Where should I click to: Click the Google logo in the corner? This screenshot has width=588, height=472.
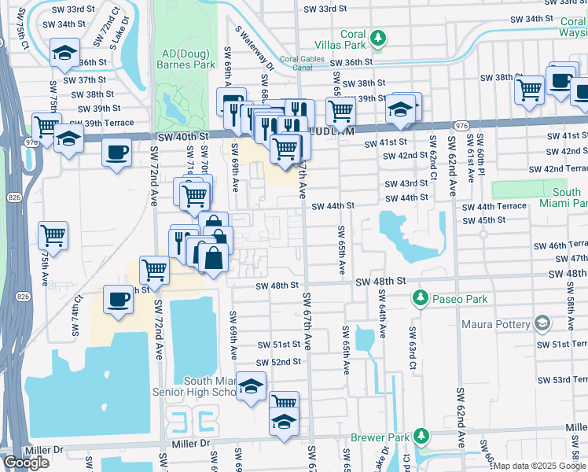pyautogui.click(x=26, y=463)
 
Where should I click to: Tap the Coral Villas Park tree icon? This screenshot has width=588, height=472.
pyautogui.click(x=378, y=37)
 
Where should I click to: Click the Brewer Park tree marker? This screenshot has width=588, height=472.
pyautogui.click(x=421, y=437)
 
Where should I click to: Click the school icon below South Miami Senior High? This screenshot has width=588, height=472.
pyautogui.click(x=251, y=387)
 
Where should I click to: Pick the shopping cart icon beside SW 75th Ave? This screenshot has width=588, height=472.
pyautogui.click(x=53, y=234)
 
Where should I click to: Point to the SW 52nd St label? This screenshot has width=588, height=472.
pyautogui.click(x=279, y=361)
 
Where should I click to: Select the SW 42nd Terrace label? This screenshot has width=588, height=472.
pyautogui.click(x=557, y=168)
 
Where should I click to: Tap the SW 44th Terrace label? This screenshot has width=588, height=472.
pyautogui.click(x=500, y=206)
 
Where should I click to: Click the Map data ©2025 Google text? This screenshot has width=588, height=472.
pyautogui.click(x=539, y=465)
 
